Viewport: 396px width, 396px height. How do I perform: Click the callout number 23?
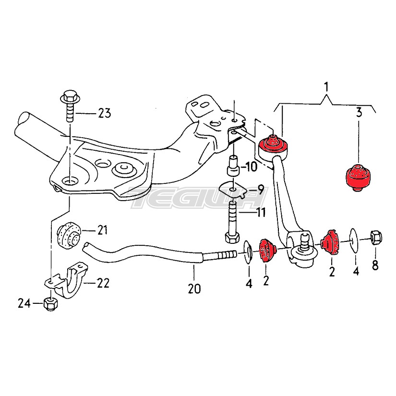104,114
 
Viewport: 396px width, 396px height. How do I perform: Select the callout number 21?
102,230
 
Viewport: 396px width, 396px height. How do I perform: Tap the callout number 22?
102,283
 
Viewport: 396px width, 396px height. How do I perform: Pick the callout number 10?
252,167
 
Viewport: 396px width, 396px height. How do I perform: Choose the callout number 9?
260,189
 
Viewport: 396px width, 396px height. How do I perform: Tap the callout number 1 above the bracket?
326,87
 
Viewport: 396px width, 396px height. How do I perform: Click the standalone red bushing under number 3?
358,178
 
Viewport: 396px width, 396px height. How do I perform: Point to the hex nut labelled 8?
375,237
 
